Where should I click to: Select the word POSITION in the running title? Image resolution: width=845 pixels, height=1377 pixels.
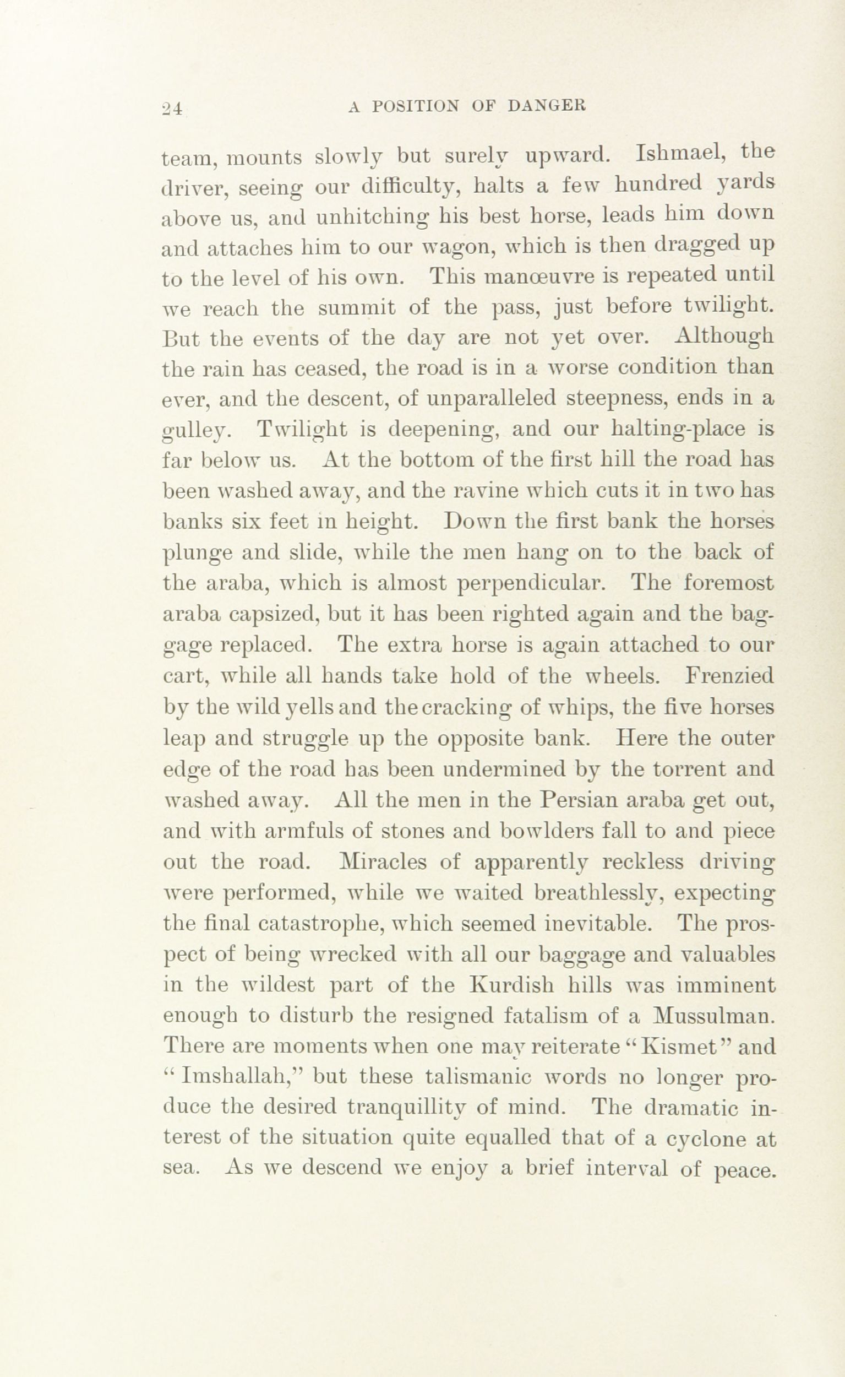point(415,106)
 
